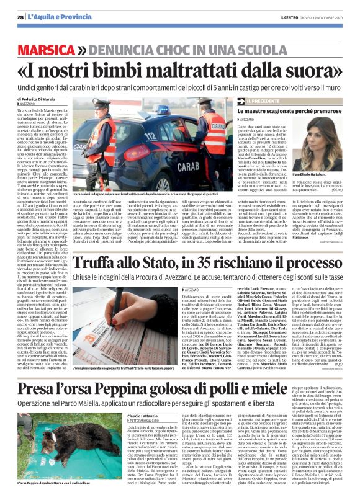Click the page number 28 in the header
[20, 17]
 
